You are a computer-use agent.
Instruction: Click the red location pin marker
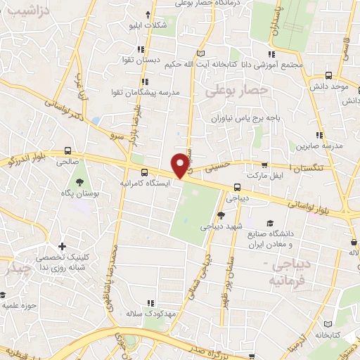click(x=181, y=165)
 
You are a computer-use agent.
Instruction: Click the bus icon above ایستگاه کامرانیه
click(x=144, y=172)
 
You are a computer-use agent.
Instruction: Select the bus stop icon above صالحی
click(x=67, y=150)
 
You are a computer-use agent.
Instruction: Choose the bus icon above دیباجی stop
click(x=237, y=187)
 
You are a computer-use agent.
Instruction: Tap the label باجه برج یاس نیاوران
click(x=252, y=117)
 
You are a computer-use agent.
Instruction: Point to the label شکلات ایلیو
click(x=146, y=25)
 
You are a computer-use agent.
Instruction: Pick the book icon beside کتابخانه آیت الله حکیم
click(x=202, y=54)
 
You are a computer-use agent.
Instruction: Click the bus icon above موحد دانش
click(x=328, y=75)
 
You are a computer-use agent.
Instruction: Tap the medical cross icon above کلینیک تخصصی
click(x=63, y=247)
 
